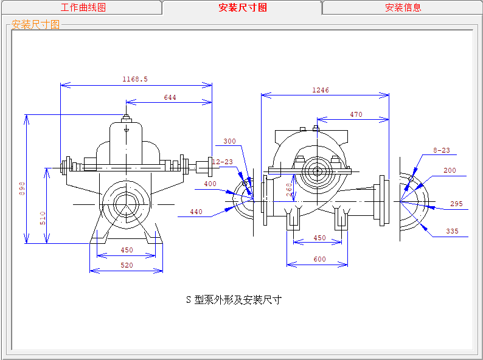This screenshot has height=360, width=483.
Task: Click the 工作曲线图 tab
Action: pyautogui.click(x=83, y=7)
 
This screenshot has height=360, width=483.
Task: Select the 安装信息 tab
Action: pyautogui.click(x=403, y=7)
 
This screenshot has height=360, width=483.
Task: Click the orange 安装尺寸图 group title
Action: pyautogui.click(x=35, y=24)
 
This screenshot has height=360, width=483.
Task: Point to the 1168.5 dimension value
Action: pyautogui.click(x=135, y=79)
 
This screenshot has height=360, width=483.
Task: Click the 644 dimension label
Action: pyautogui.click(x=170, y=98)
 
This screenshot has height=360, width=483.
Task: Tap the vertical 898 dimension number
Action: pyautogui.click(x=22, y=189)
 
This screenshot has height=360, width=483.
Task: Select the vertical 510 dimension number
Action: pyautogui.click(x=43, y=218)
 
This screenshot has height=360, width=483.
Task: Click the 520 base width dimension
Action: pyautogui.click(x=127, y=265)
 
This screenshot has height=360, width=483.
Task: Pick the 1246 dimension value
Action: pyautogui.click(x=321, y=90)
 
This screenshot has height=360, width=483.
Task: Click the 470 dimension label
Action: pyautogui.click(x=356, y=114)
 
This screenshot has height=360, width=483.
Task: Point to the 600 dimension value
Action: pyautogui.click(x=320, y=259)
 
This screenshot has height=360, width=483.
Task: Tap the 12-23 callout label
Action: pyautogui.click(x=223, y=162)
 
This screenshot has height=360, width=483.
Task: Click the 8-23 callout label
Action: pyautogui.click(x=442, y=150)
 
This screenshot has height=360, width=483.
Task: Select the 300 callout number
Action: pyautogui.click(x=229, y=141)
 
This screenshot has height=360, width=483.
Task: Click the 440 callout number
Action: pyautogui.click(x=196, y=212)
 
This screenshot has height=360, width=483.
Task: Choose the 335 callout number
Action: pyautogui.click(x=452, y=231)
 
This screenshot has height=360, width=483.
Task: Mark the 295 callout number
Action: pyautogui.click(x=456, y=204)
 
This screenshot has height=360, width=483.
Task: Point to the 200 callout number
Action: pyautogui.click(x=450, y=171)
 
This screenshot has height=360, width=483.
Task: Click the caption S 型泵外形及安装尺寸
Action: pyautogui.click(x=234, y=300)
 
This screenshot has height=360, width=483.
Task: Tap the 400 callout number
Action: pyautogui.click(x=210, y=184)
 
